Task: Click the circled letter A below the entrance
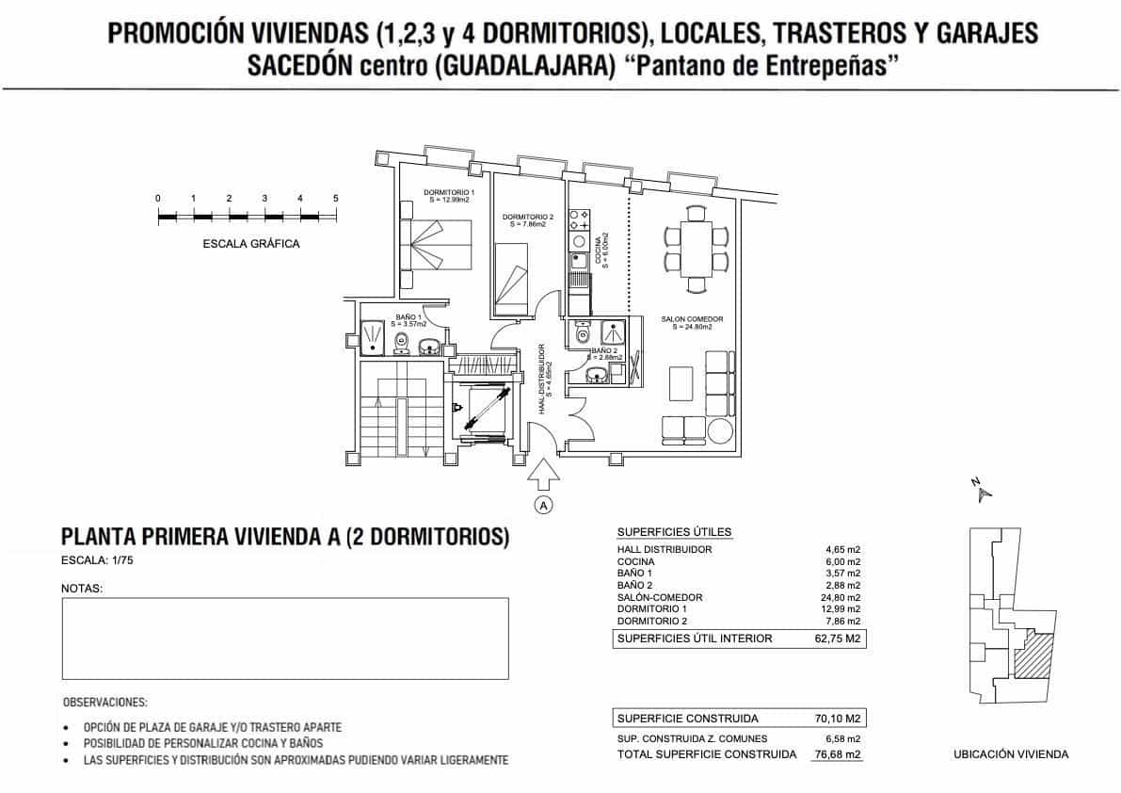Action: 543,506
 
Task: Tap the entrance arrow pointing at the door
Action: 543,475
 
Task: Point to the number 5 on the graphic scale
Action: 336,199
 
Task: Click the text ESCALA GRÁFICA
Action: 251,244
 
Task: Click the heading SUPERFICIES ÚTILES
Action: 673,532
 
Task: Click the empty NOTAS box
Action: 284,638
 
